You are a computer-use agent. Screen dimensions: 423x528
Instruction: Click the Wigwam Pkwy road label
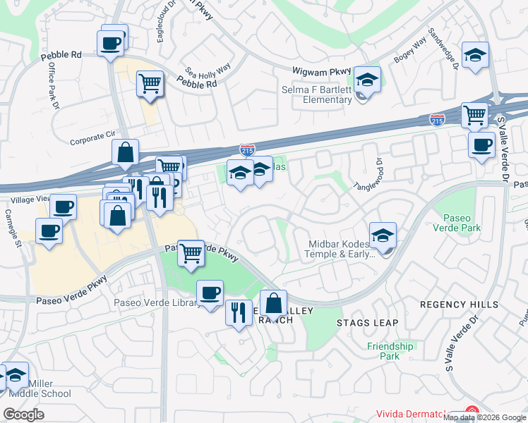point(321,70)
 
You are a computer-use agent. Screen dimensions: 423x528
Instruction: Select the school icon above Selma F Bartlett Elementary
point(367,80)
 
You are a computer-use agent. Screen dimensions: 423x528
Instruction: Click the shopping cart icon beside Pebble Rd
point(150,84)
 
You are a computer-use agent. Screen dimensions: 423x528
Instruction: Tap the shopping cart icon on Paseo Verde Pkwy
point(191,253)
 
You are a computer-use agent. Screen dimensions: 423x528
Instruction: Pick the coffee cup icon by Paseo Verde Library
point(210,293)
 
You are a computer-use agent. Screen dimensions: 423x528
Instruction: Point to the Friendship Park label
point(390,351)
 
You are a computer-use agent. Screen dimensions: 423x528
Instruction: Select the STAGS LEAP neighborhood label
point(367,323)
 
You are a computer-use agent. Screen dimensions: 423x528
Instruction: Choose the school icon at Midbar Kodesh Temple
point(383,236)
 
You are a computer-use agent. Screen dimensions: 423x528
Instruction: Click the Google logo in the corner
point(24,415)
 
